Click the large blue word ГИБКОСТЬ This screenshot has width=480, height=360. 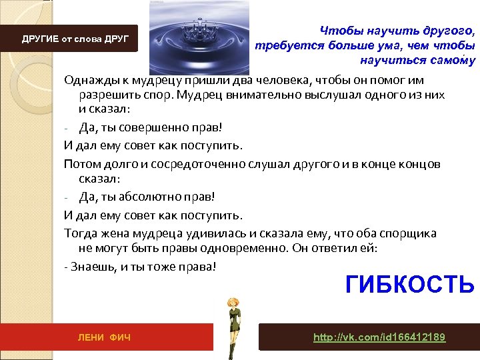pos(409,284)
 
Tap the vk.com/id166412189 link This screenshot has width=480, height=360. pos(379,337)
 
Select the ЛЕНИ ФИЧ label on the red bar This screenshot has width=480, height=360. pos(105,338)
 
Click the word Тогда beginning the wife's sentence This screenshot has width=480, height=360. pos(79,233)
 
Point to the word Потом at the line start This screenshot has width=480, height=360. pos(81,164)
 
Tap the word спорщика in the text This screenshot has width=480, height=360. pos(407,233)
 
